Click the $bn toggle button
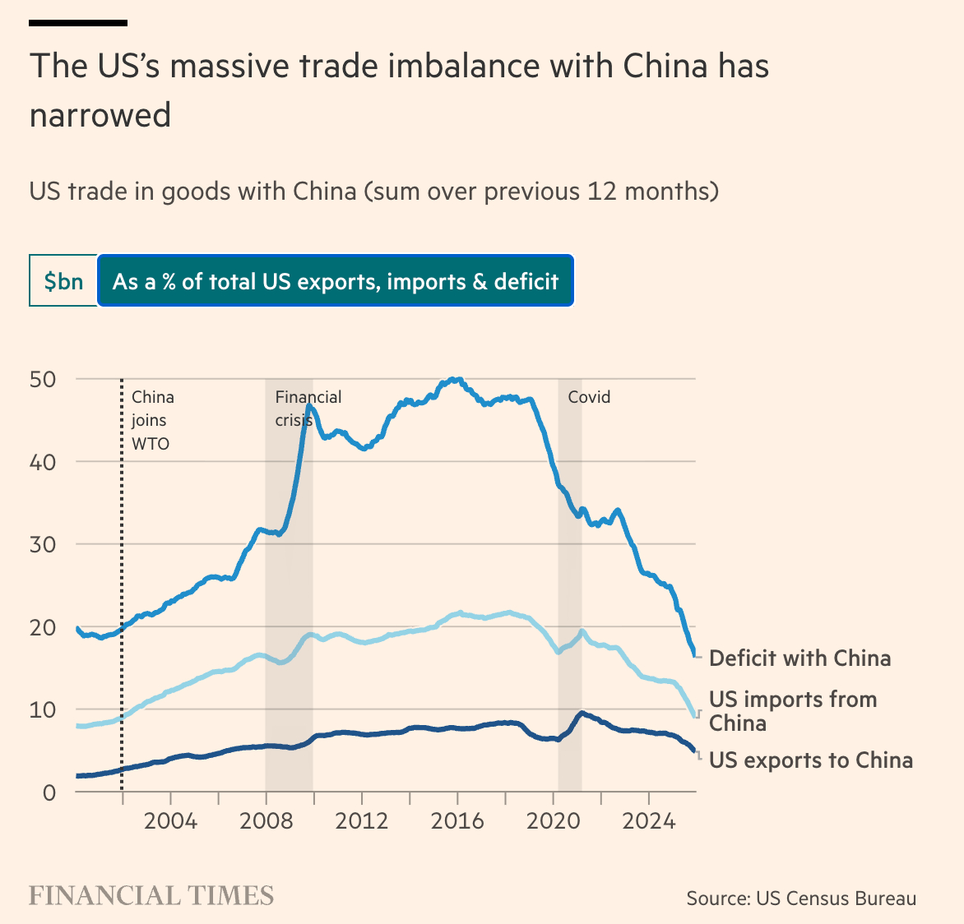[x=63, y=281]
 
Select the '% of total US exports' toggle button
[x=336, y=281]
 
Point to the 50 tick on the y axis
[x=42, y=379]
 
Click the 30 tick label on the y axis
[x=42, y=544]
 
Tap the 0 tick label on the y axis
[x=49, y=792]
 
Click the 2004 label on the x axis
[x=170, y=821]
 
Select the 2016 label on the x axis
[x=457, y=821]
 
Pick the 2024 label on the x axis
[x=649, y=821]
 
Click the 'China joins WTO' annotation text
[x=152, y=420]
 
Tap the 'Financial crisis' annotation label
[x=308, y=408]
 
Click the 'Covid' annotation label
[x=589, y=397]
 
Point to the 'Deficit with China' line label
[x=799, y=658]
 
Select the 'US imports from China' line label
[x=792, y=711]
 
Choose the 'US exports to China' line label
[x=810, y=760]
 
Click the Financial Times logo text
[x=151, y=895]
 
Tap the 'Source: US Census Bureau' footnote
[x=801, y=899]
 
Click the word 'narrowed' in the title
[x=100, y=115]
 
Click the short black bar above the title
[x=78, y=22]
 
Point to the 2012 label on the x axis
[x=362, y=821]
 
